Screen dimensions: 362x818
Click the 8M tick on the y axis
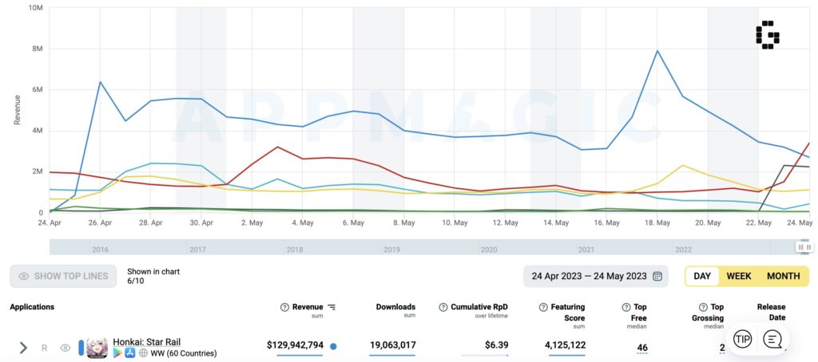pos(35,49)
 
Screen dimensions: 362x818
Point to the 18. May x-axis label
pos(657,223)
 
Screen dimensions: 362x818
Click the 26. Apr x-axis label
pos(101,223)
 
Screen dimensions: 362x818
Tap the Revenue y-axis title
pos(17,108)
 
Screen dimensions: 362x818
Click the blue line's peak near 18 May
pos(657,51)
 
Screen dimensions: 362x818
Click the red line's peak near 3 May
pos(277,147)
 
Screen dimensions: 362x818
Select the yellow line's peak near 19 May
pos(682,166)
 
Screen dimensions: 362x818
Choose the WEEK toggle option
pos(738,276)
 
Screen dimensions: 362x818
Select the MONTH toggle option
pos(783,276)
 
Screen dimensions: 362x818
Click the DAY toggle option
pos(702,276)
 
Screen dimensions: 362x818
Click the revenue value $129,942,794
pos(295,345)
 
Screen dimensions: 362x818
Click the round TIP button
pos(742,339)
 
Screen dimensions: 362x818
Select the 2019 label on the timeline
pos(391,249)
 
